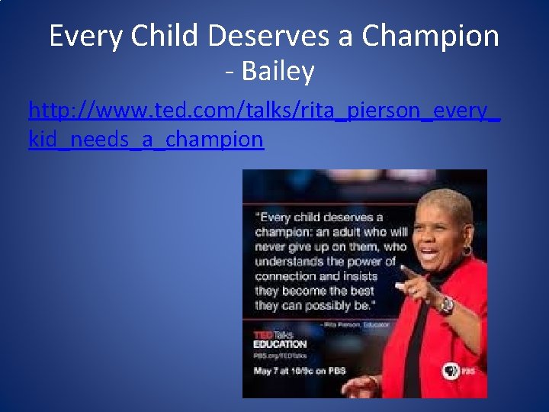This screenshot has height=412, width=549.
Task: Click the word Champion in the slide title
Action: (431, 36)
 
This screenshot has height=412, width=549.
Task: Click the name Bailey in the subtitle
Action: (278, 72)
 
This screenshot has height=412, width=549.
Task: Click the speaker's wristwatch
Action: (446, 305)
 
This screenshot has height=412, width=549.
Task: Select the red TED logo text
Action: (264, 335)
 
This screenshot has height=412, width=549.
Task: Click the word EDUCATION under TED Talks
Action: (280, 345)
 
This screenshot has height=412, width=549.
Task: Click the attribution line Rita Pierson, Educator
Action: (358, 324)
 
